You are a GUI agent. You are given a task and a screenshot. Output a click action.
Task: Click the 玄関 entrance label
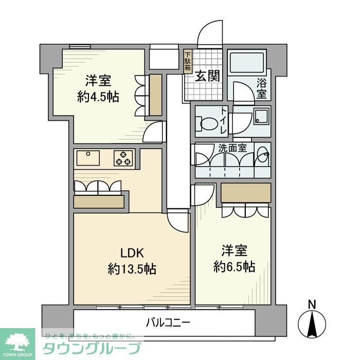(207, 76)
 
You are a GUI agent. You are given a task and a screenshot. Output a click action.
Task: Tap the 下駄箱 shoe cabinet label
(188, 61)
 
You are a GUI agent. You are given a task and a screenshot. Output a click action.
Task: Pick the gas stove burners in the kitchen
(124, 157)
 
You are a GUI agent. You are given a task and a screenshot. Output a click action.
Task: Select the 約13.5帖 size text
(132, 268)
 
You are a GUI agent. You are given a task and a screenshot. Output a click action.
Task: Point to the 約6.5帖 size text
(235, 266)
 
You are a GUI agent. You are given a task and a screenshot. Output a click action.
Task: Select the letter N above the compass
(312, 304)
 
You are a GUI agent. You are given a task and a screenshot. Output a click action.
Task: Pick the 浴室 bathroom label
(262, 88)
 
